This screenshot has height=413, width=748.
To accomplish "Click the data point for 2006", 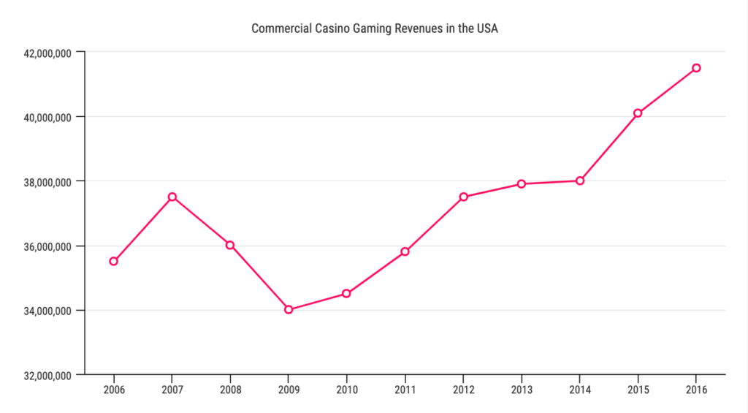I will pos(113,261).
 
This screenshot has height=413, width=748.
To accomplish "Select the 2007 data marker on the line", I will pos(172,197).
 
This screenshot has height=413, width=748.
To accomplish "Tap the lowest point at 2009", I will pos(289,309).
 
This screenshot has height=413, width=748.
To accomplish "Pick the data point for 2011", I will pos(405,251).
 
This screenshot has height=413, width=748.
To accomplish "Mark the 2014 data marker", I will pos(580,181).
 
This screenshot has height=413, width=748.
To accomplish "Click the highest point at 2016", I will pos(696,68).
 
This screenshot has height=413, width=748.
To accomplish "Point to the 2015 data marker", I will pos(638,113).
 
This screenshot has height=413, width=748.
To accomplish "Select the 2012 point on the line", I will pos(463,197).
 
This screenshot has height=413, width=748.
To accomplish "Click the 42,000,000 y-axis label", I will pos(47,53).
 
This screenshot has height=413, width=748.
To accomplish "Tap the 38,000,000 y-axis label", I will pos(47,181).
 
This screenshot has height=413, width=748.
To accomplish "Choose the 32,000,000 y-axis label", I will pos(47,375).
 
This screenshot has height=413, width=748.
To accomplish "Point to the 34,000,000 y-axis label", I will pos(47,311).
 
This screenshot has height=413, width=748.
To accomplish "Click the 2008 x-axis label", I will pos(230,390).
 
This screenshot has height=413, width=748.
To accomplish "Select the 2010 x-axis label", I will pos(346,390).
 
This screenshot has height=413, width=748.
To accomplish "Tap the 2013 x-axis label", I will pos(522,390).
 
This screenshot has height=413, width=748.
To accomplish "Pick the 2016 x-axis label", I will pos(696,390).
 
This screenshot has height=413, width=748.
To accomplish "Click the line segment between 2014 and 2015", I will pos(609,146).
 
